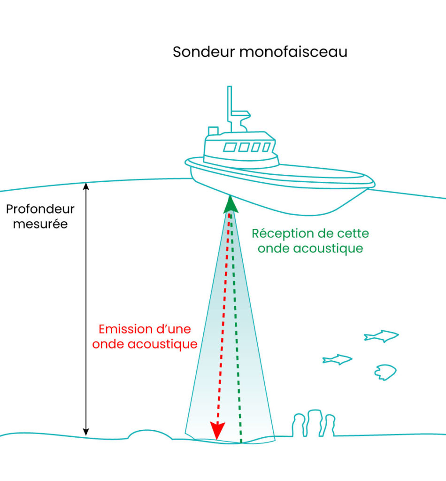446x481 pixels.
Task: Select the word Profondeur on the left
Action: click(x=40, y=209)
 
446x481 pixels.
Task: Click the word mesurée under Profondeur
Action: click(x=40, y=224)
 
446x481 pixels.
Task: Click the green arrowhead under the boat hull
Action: click(x=230, y=203)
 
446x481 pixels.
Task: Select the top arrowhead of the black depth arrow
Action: click(x=86, y=186)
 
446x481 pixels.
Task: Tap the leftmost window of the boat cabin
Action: click(x=230, y=147)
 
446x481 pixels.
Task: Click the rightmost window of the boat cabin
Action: click(x=266, y=147)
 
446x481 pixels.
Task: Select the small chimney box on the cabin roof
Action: click(x=213, y=131)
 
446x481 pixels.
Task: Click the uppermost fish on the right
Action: click(x=381, y=335)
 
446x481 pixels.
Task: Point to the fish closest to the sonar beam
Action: click(x=337, y=360)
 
